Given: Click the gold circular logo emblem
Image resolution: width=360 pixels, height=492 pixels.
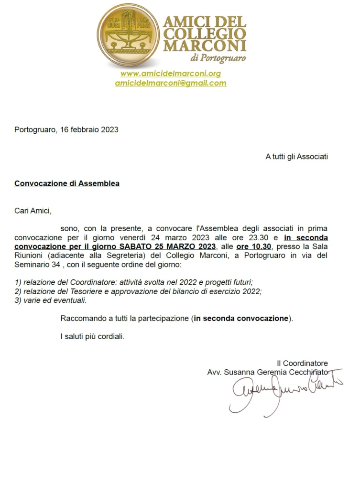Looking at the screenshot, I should (129, 35).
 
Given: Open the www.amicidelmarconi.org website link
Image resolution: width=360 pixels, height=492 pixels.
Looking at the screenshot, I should (171, 74).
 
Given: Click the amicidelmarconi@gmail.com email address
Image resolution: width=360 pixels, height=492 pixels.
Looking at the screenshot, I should (171, 83).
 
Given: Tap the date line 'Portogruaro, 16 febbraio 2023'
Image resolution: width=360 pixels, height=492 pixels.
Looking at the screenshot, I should (66, 129).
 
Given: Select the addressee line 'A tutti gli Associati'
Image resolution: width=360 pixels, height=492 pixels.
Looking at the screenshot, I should (296, 156).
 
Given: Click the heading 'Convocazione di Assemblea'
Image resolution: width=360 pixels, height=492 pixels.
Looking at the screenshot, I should (67, 183).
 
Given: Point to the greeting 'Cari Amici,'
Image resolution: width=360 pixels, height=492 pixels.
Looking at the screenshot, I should (33, 210).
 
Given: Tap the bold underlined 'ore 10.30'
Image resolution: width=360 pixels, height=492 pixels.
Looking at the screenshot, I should (254, 246).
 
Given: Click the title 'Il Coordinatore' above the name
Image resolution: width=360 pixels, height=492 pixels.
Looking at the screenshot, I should (302, 363).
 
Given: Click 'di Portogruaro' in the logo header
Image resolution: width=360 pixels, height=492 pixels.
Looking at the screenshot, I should (218, 59).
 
